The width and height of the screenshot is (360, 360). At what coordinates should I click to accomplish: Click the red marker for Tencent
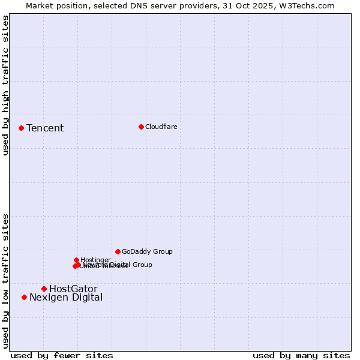click(x=21, y=128)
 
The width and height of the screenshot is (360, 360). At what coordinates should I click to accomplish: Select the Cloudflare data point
click(x=141, y=127)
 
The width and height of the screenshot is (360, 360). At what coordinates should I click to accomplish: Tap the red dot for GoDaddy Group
click(x=118, y=251)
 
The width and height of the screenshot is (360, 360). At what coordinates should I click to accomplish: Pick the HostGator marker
click(x=44, y=289)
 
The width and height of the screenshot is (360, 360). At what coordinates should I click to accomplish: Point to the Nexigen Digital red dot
click(x=24, y=297)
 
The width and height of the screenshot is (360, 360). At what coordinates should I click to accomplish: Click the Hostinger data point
click(x=76, y=260)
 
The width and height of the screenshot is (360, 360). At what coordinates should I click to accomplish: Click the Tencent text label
click(x=45, y=128)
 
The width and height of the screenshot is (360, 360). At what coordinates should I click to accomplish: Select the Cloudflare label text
click(x=161, y=127)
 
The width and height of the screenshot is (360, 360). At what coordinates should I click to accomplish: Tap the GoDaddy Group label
click(x=147, y=251)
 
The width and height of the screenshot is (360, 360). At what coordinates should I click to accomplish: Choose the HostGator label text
click(x=73, y=289)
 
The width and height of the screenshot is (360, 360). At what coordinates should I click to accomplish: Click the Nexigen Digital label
click(x=66, y=297)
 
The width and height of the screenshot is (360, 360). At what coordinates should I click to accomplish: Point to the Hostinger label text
click(x=95, y=260)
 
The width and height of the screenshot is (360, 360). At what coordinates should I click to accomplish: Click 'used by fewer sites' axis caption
click(x=62, y=355)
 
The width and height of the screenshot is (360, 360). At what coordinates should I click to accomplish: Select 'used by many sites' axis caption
click(x=301, y=355)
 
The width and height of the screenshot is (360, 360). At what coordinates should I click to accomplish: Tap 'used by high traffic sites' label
click(x=5, y=85)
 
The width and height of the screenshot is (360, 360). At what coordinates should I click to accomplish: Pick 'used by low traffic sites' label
click(x=5, y=280)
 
